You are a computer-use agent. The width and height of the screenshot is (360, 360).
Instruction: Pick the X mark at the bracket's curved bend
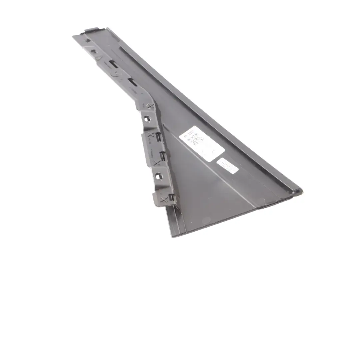pos(151,107)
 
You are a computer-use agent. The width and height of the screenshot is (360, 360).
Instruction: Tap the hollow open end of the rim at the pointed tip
pos(298,191)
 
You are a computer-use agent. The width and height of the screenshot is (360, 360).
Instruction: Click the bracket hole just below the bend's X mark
pos(147,118)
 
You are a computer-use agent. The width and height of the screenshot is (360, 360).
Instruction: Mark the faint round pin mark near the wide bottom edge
pos(206,220)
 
